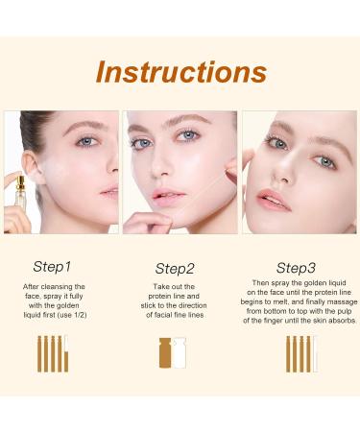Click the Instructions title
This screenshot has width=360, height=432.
[180, 72]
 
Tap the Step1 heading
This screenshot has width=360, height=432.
[52, 267]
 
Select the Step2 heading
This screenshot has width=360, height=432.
[175, 269]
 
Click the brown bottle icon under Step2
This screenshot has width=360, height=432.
[165, 353]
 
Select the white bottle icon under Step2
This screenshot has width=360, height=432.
[180, 353]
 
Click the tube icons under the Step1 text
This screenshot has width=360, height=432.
[53, 353]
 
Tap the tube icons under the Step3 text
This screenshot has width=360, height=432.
[300, 353]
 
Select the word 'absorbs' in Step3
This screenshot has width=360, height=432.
[341, 320]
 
